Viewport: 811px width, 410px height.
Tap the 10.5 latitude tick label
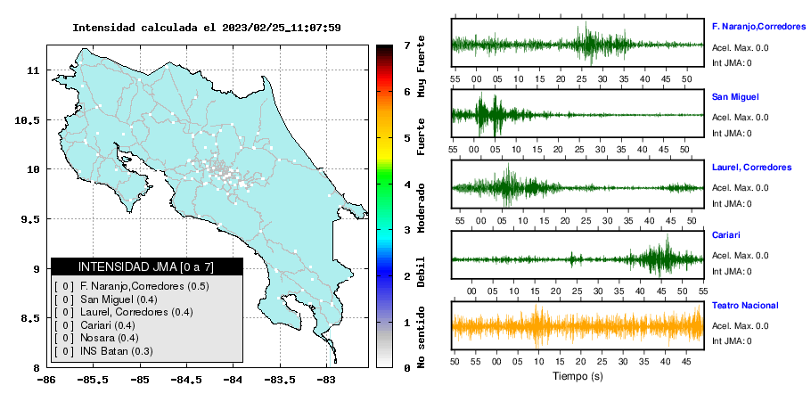[28, 120]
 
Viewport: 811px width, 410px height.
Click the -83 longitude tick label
[325, 380]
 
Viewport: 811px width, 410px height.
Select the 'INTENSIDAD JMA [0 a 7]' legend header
[146, 266]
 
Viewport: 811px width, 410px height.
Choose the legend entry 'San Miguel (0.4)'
[119, 299]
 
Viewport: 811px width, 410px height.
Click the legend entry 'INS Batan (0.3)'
[117, 351]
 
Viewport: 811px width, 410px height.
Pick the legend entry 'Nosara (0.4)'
[109, 338]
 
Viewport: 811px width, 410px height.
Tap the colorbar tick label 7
[407, 45]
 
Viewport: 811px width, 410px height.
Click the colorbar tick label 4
[407, 184]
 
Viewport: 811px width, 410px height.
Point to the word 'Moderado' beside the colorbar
[421, 208]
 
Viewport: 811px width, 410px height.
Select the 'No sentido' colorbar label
[421, 337]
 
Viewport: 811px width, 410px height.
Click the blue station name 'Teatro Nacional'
[745, 306]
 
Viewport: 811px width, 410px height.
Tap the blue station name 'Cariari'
[725, 234]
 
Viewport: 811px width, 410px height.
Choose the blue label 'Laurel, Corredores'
[751, 168]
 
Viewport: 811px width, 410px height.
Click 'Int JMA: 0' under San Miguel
[732, 134]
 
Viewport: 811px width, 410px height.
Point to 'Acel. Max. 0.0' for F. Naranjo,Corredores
[740, 48]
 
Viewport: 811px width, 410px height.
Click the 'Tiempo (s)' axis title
[578, 376]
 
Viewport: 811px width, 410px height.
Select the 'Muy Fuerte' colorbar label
[421, 66]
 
